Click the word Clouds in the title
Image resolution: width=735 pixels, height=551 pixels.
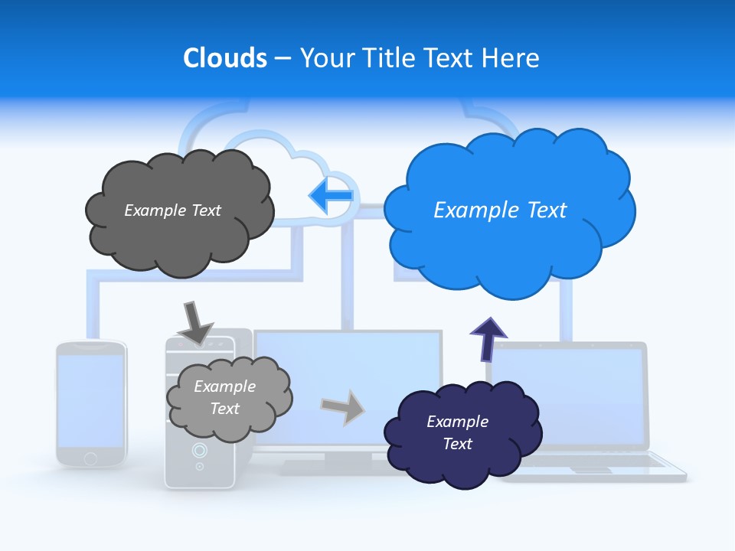pos(224,58)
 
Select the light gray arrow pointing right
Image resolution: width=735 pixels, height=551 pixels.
pos(343,406)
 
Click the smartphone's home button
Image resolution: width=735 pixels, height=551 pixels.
pos(90,458)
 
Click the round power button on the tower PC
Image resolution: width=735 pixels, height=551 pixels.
pos(199,450)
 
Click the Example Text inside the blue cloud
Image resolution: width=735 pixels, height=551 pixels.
pos(500,210)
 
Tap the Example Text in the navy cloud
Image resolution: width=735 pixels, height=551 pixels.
pos(457,432)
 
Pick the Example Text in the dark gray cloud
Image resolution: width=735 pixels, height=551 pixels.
pos(172,210)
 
